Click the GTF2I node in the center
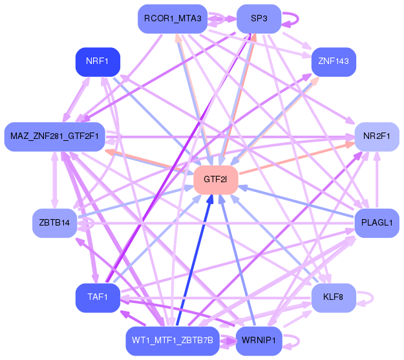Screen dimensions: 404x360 216,180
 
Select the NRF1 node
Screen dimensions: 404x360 98,62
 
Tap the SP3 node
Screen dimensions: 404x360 259,19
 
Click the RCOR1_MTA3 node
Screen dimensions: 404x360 173,19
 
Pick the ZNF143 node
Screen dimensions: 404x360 334,62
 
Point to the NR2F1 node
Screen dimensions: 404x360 377,136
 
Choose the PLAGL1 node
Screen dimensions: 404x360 377,223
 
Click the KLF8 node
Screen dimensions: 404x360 334,298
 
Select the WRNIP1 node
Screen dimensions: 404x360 259,341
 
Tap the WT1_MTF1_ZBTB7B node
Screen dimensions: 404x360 173,341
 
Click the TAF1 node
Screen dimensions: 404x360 98,298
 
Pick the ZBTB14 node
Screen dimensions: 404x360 55,223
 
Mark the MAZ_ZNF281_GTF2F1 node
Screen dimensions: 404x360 55,136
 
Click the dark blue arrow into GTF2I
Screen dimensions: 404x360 195,260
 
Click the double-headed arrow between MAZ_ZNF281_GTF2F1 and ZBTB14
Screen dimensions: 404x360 55,180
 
